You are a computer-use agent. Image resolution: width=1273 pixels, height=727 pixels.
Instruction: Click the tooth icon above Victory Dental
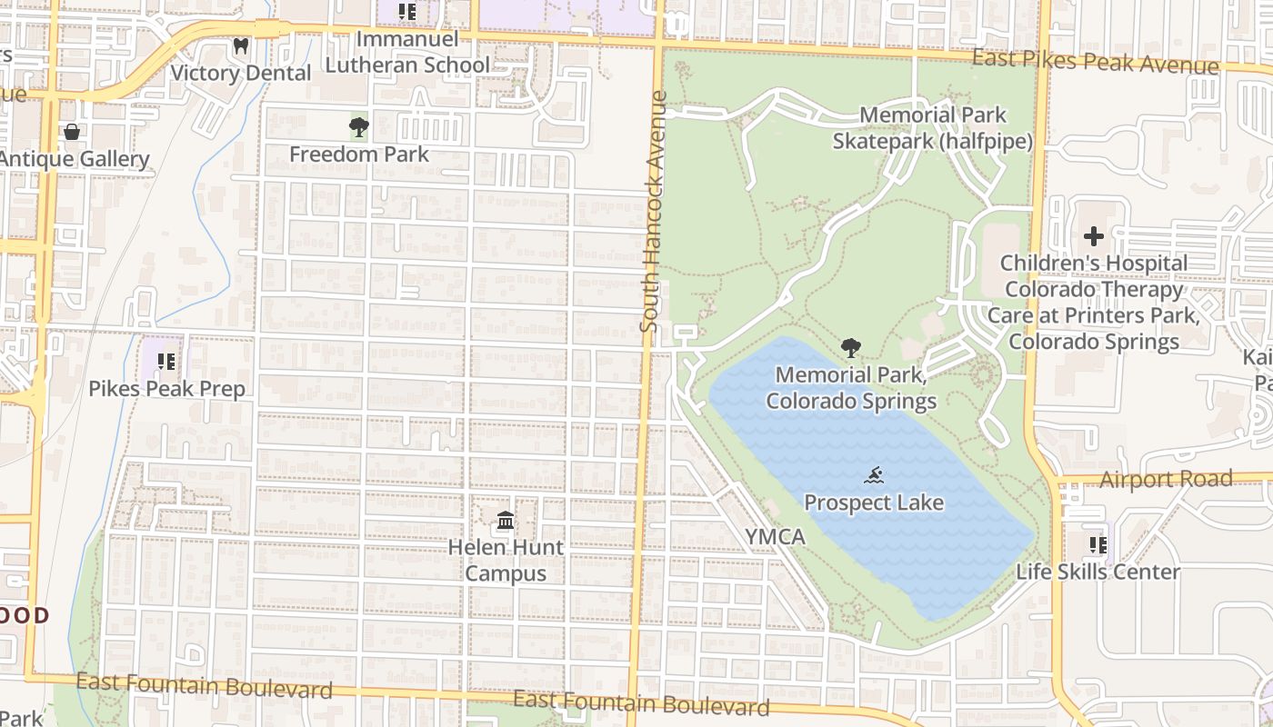pos(241,45)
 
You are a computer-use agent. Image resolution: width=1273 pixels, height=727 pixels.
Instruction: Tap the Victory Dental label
pos(241,73)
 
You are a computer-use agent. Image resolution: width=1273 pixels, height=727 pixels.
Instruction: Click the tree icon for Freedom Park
pos(359,127)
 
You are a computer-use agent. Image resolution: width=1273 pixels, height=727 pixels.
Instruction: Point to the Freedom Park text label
pos(359,154)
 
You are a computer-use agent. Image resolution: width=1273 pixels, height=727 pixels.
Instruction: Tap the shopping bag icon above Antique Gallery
pos(72,132)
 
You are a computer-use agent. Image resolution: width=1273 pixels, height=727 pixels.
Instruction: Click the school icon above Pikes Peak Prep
pos(166,362)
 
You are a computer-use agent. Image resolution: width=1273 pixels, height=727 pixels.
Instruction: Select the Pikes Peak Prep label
pos(166,389)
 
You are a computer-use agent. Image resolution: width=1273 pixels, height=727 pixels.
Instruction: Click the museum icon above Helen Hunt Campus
pos(506,522)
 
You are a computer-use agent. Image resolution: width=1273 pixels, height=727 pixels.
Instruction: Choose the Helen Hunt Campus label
pos(506,561)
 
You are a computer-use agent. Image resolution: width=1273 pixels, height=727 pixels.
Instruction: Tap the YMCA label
pos(776,537)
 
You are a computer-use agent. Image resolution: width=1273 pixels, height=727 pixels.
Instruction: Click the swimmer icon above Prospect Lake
pos(874,475)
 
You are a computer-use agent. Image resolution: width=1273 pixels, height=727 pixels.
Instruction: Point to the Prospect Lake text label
pos(874,503)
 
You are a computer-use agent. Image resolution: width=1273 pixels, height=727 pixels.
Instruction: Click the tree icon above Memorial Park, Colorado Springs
pos(851,347)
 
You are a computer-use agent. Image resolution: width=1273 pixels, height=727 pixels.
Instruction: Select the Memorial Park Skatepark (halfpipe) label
pos(933,128)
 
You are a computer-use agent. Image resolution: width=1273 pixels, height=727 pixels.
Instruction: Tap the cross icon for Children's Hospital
pos(1094,237)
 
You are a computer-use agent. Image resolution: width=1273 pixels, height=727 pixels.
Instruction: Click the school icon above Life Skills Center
pos(1098,545)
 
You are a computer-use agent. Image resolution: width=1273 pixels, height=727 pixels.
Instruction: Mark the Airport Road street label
pos(1166,479)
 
